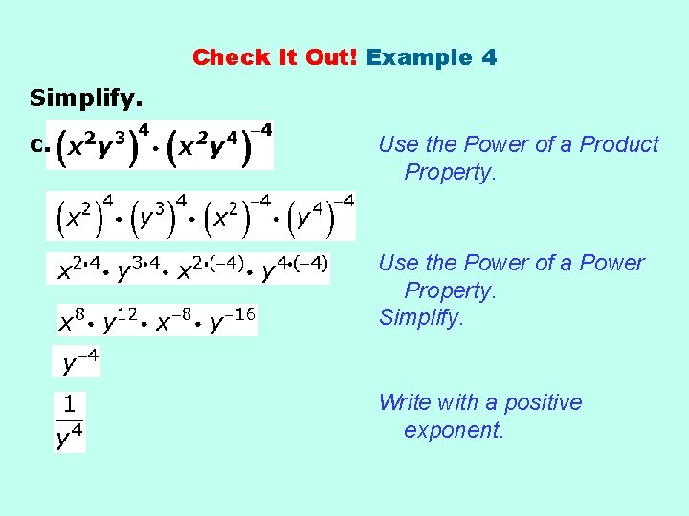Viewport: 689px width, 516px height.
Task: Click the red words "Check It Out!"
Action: click(276, 57)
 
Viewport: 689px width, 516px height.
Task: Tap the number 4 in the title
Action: click(489, 57)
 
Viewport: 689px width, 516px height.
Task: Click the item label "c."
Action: click(38, 145)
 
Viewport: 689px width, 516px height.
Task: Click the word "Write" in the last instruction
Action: click(404, 402)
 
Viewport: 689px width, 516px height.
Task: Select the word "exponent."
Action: click(454, 430)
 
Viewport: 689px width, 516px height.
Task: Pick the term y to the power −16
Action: click(233, 322)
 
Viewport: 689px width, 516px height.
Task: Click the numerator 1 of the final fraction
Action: click(70, 405)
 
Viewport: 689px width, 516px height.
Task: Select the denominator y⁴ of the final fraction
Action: click(70, 437)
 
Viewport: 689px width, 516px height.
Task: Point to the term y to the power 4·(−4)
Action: click(294, 269)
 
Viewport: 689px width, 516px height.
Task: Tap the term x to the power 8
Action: click(72, 322)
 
